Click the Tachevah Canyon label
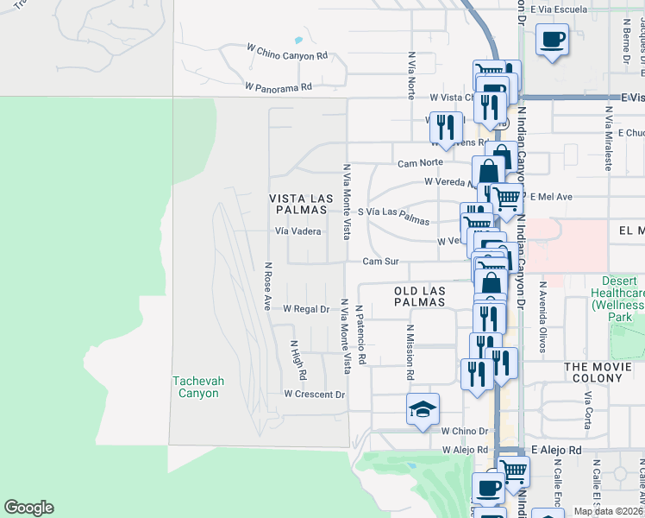(x=195, y=386)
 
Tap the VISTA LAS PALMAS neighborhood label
(x=301, y=204)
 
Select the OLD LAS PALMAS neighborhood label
(x=419, y=296)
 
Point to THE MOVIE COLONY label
(x=604, y=367)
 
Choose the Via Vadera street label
(x=297, y=231)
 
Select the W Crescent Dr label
(x=315, y=395)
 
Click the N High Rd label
(x=299, y=359)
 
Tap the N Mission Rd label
(x=411, y=353)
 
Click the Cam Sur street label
(x=380, y=261)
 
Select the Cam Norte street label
(x=420, y=163)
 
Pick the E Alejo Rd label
(x=557, y=450)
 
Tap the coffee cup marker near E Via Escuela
(x=552, y=39)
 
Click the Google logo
(x=28, y=508)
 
